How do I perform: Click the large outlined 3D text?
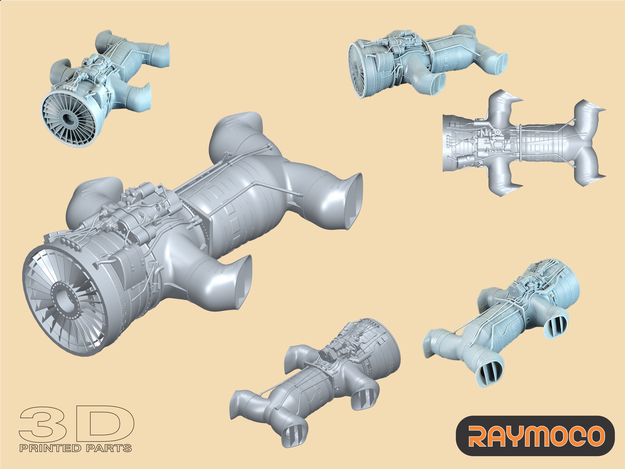click(x=76, y=424)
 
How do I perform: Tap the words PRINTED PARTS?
click(x=75, y=448)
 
